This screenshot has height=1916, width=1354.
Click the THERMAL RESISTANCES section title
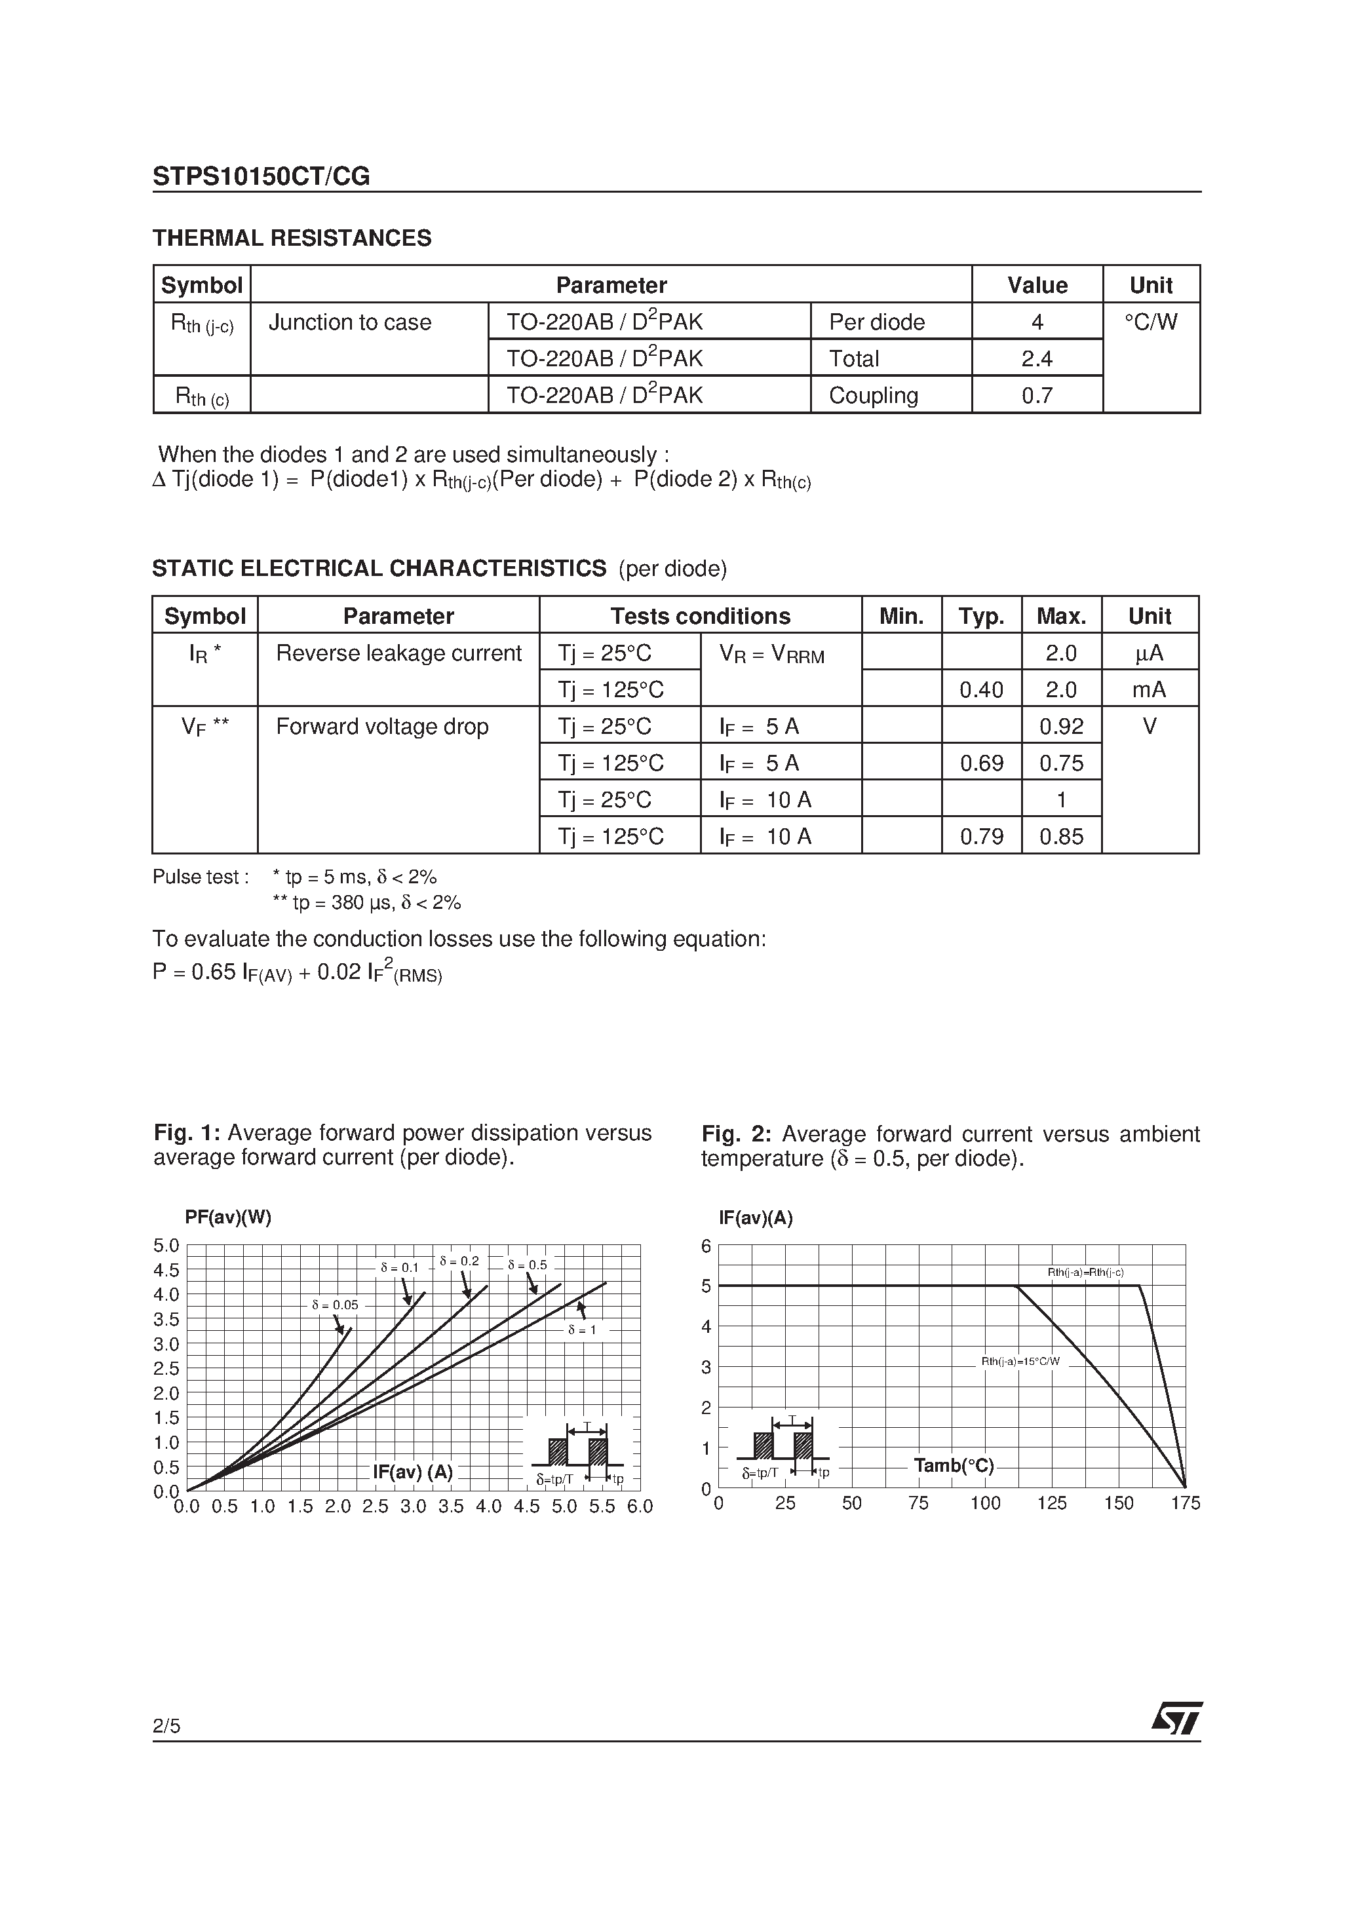pyautogui.click(x=292, y=238)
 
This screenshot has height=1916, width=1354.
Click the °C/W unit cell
pyautogui.click(x=1150, y=322)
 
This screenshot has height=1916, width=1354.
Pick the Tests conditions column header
pyautogui.click(x=699, y=616)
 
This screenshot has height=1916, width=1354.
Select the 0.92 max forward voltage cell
pyautogui.click(x=1060, y=726)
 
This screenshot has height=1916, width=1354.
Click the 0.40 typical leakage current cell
pyautogui.click(x=981, y=689)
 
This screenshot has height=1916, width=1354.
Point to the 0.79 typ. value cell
pyautogui.click(x=981, y=836)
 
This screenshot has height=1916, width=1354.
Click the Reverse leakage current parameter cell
pyautogui.click(x=398, y=653)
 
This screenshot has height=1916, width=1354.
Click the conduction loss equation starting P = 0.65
pyautogui.click(x=297, y=973)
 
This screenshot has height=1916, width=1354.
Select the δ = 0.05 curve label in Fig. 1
pyautogui.click(x=335, y=1305)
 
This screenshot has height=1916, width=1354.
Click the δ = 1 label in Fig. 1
pyautogui.click(x=582, y=1330)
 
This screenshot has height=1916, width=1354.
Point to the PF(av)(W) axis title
pyautogui.click(x=228, y=1217)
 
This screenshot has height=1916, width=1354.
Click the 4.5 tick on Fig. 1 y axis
pyautogui.click(x=166, y=1270)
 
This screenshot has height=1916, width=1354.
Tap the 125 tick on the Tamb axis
pyautogui.click(x=1051, y=1503)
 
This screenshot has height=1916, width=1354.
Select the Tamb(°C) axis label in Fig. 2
pyautogui.click(x=954, y=1466)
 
